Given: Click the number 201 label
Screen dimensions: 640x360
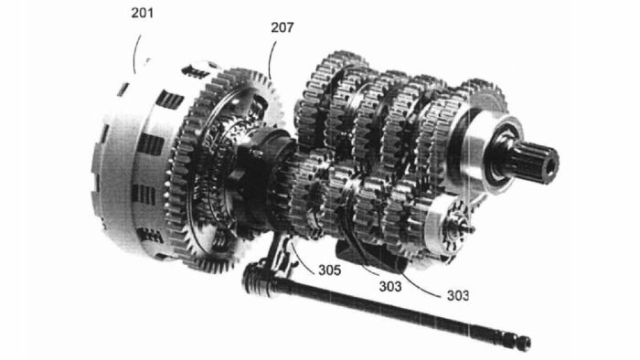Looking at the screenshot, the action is coord(143,13).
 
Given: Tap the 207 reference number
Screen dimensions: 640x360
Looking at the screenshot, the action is coord(282,27).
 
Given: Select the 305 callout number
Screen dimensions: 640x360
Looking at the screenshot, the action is coord(329,270).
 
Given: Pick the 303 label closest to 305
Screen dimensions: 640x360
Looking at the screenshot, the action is coord(390,286).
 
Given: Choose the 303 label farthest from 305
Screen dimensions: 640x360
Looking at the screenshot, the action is coord(457,295).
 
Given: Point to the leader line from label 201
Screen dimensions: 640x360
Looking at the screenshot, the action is coord(136,53).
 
